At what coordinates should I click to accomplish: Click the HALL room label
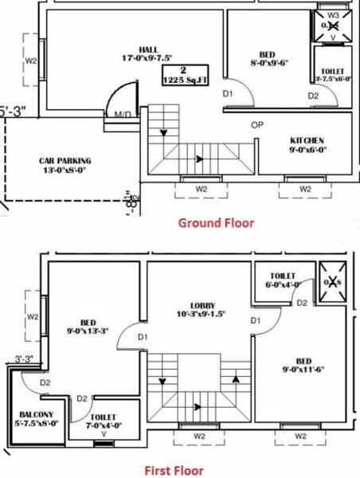tap(147, 49)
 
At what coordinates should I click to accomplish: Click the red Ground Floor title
tap(215, 223)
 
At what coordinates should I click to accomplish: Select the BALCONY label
tap(36, 415)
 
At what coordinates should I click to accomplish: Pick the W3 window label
tap(334, 15)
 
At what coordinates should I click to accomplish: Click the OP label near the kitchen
tap(256, 125)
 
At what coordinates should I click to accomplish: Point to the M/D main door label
tap(123, 116)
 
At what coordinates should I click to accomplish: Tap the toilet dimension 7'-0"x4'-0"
tap(104, 425)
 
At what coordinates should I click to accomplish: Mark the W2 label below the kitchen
tap(305, 188)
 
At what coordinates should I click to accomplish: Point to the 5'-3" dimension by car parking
tap(11, 112)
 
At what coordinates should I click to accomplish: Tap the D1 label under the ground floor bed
tap(227, 95)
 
